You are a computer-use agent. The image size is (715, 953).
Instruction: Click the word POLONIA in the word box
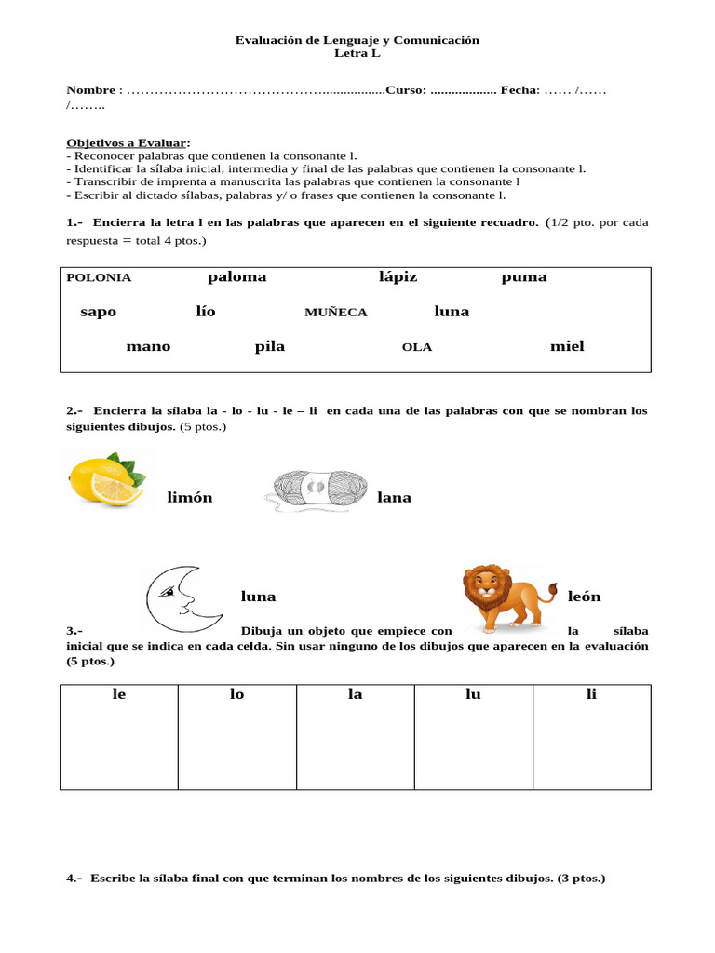(99, 277)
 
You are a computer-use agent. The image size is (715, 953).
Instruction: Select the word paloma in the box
(236, 276)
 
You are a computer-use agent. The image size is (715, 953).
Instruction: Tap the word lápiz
(398, 276)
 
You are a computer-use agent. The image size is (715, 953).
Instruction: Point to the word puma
(523, 276)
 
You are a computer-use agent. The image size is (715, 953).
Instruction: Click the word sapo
(98, 312)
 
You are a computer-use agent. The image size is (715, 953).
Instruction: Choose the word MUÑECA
(335, 313)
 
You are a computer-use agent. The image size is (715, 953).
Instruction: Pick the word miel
(567, 346)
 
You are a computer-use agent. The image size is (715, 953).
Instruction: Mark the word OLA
(416, 347)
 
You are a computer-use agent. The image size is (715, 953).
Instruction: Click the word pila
(269, 346)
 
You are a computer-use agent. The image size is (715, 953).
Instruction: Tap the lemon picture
(105, 479)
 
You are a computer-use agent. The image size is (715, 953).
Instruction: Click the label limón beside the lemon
(189, 498)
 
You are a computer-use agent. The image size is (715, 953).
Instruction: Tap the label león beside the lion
(584, 597)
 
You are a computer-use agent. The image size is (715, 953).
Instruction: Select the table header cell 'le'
(118, 695)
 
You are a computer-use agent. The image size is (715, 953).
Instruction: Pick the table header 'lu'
(473, 695)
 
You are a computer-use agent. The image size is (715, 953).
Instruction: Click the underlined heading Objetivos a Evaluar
(126, 142)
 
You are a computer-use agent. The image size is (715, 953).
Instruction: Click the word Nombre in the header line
(90, 90)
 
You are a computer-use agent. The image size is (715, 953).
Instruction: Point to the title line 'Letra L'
(357, 54)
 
